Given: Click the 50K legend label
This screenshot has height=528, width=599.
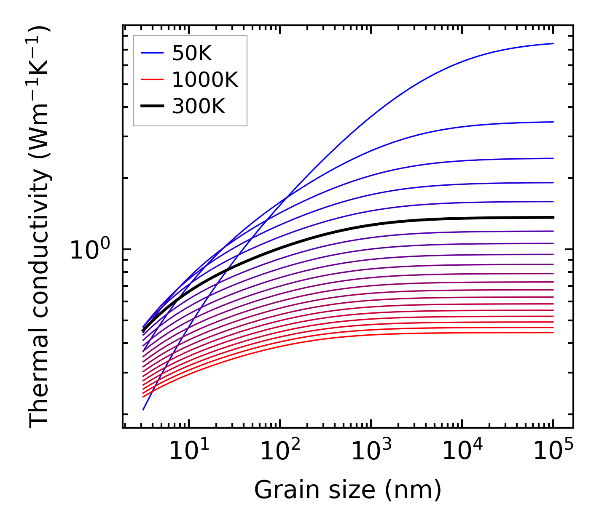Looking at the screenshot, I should tap(192, 53).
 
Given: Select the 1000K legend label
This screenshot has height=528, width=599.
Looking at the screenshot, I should tap(205, 80).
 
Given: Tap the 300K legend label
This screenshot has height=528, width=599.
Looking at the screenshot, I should tap(199, 107).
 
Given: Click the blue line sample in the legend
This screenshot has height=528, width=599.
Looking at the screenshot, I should tap(152, 53).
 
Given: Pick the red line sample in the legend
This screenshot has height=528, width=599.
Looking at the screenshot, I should tap(152, 80).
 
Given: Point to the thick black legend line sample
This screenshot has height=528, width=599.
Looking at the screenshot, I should tap(152, 106).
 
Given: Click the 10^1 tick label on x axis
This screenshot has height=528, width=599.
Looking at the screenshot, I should tap(189, 451).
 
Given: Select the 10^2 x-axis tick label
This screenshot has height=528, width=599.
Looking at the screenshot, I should tap(280, 451).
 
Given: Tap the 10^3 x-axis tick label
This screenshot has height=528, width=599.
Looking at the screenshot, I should tap(371, 451).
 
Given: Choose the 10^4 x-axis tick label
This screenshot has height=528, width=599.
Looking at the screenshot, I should tap(462, 451).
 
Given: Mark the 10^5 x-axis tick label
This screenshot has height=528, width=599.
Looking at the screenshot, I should tap(553, 451).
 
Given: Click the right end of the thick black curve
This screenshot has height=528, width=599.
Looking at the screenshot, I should tap(553, 217).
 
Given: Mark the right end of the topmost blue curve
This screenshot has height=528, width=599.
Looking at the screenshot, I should tap(553, 43).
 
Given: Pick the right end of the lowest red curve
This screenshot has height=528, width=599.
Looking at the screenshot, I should tap(553, 333).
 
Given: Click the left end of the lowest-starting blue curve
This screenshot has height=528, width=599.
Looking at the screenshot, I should tap(143, 410).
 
